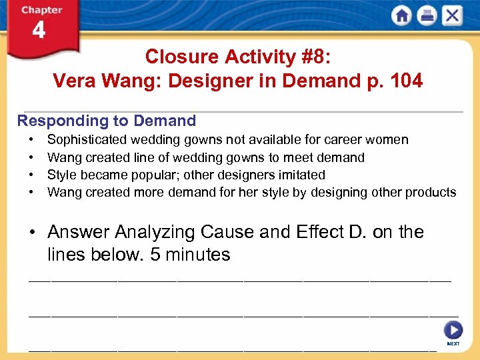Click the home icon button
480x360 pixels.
[401, 15]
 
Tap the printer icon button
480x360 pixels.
[426, 15]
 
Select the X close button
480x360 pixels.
[451, 15]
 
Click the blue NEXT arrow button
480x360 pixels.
[453, 330]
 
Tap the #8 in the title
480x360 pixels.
[313, 57]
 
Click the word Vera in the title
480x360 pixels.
[74, 81]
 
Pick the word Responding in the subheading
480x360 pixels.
[55, 121]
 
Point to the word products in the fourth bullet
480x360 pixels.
[432, 192]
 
